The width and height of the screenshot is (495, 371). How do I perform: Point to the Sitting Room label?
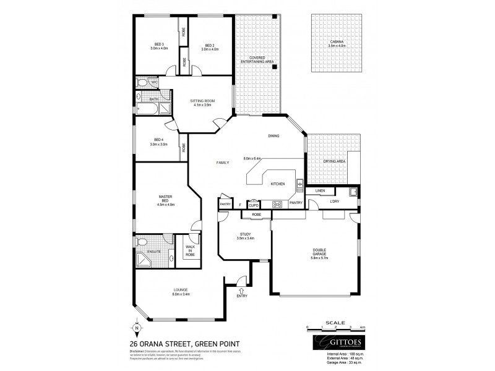(202, 102)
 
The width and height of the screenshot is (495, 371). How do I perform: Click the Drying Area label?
(335, 161)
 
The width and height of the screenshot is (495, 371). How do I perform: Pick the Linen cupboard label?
(320, 191)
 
